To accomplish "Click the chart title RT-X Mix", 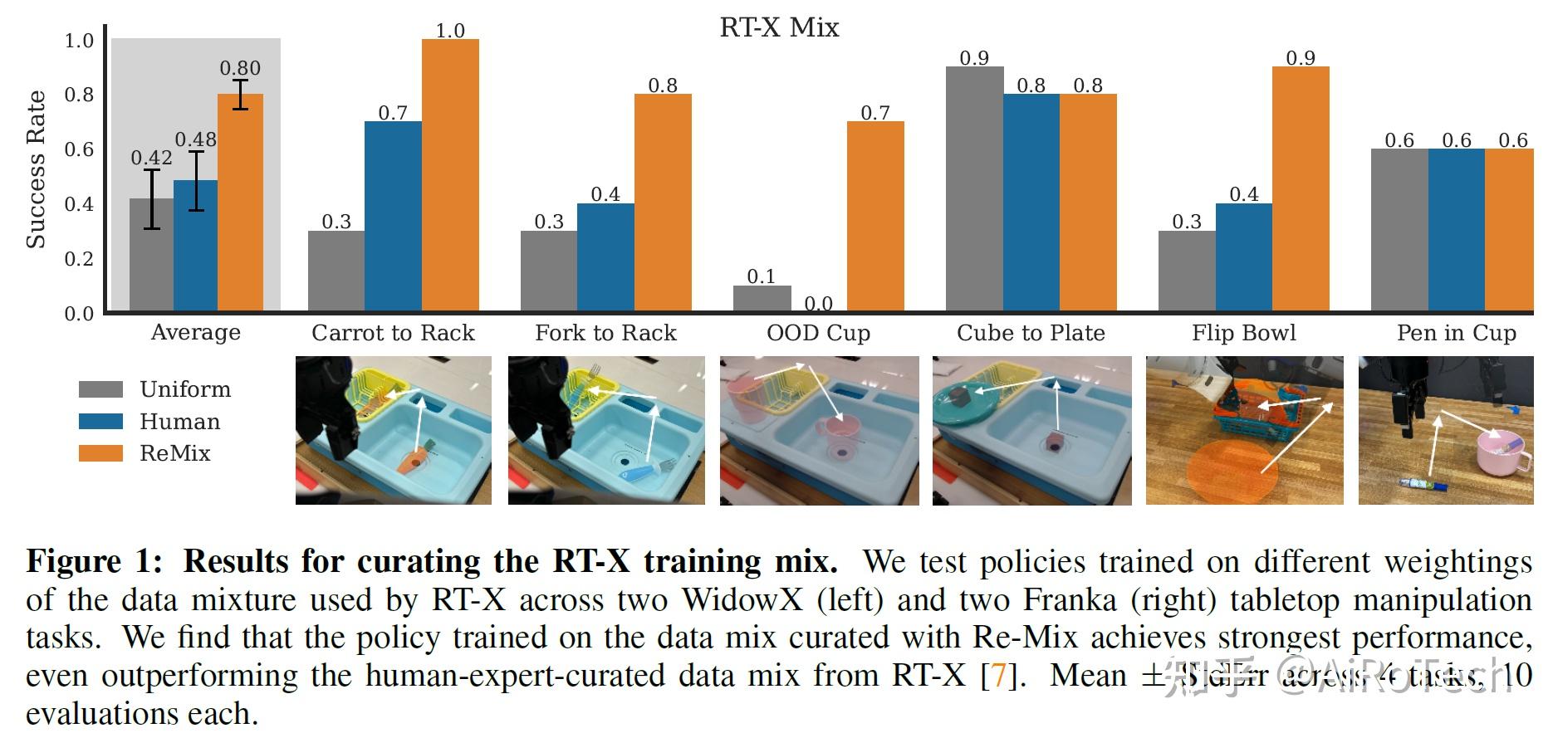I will point(779,27).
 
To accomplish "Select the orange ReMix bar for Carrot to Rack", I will point(450,175).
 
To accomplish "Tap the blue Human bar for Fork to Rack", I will point(605,257).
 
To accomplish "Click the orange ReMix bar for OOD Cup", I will point(875,217).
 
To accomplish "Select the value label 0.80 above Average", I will point(240,68).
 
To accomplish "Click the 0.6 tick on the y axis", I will point(80,149).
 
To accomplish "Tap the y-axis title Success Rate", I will point(36,169).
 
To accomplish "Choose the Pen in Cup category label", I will point(1456,333).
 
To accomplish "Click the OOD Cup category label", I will point(818,333).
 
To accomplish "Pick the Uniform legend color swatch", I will point(100,389).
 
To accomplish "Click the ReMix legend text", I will point(175,453).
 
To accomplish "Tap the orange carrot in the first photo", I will point(410,461).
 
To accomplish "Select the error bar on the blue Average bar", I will point(196,181).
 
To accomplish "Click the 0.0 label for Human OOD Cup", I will point(818,303).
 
